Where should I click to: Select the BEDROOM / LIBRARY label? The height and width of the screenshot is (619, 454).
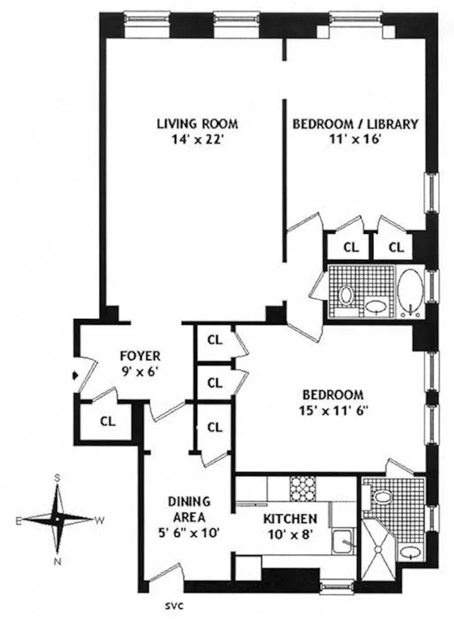(x=354, y=124)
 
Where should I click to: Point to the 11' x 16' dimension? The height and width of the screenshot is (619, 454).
(x=354, y=140)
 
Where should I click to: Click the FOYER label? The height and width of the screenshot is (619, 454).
(x=140, y=356)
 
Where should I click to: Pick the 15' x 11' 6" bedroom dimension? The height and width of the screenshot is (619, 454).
(x=333, y=409)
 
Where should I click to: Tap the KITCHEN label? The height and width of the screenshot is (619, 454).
(x=290, y=519)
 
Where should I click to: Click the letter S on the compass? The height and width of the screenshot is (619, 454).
(x=57, y=478)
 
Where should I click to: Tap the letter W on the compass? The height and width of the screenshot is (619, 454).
(x=99, y=520)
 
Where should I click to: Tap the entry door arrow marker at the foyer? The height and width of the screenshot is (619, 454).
(x=76, y=375)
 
